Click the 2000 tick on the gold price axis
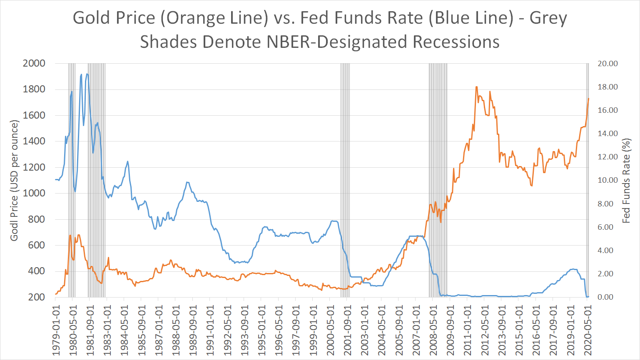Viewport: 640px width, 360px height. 34,63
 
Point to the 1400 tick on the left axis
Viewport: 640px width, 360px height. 34,141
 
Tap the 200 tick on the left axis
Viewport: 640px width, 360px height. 37,297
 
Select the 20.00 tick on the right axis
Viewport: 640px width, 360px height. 608,64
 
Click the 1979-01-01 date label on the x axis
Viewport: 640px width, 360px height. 56,331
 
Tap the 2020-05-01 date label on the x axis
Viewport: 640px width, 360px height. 588,331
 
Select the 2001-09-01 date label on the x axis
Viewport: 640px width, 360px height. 347,331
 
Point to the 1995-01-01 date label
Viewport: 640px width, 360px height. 261,331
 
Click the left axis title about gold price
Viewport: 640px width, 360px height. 15,180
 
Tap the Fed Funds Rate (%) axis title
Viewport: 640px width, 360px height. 626,180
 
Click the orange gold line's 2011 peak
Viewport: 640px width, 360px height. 476,87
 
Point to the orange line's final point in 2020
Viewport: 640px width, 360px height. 588,99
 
